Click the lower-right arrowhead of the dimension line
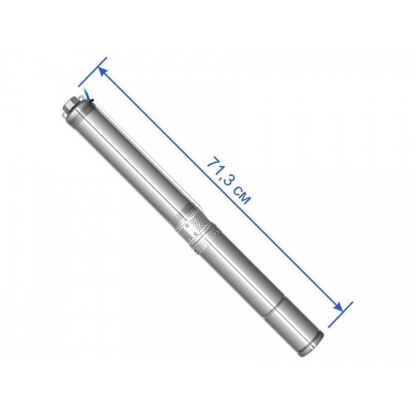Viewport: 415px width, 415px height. pyautogui.click(x=339, y=307)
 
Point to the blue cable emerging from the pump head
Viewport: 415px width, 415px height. pyautogui.click(x=86, y=93)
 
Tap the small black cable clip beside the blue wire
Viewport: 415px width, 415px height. pyautogui.click(x=92, y=101)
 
